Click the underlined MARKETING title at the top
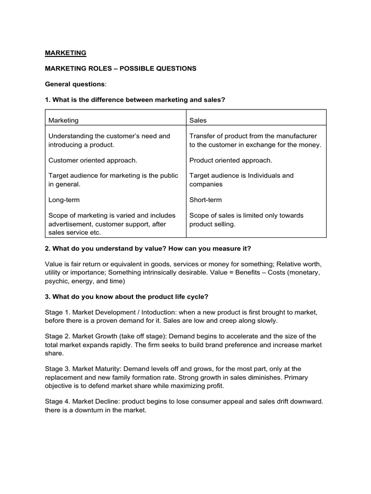click(x=66, y=53)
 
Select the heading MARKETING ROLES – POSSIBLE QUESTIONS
click(x=121, y=69)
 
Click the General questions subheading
click(x=75, y=84)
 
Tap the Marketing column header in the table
click(x=63, y=120)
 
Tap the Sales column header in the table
click(x=198, y=120)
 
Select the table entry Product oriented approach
click(x=230, y=160)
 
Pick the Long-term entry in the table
click(x=64, y=200)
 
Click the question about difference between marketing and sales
click(x=135, y=99)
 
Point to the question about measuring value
click(x=148, y=248)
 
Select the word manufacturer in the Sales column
click(x=298, y=136)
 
